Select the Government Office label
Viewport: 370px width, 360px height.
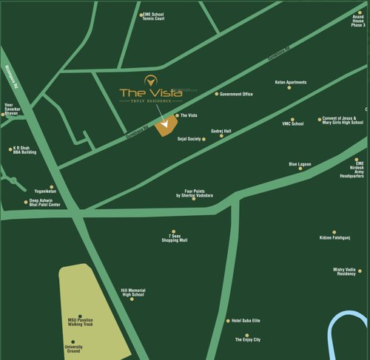pyautogui.click(x=237, y=94)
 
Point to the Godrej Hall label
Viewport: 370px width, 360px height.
pyautogui.click(x=221, y=131)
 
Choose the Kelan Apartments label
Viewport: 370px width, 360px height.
pyautogui.click(x=291, y=82)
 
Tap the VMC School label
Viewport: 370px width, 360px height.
pyautogui.click(x=293, y=123)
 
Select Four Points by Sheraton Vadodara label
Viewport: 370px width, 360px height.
pyautogui.click(x=195, y=192)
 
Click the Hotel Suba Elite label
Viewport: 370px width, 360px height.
pyautogui.click(x=247, y=320)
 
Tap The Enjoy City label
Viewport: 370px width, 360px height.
pyautogui.click(x=247, y=337)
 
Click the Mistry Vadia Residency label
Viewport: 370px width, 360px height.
pyautogui.click(x=345, y=271)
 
